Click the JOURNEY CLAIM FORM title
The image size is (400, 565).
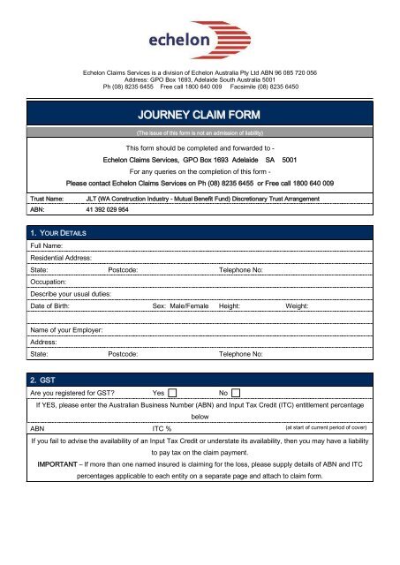(x=200, y=115)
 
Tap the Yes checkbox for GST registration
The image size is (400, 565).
(x=173, y=392)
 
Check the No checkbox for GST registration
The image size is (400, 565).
(x=236, y=392)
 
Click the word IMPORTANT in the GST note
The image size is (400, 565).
(x=63, y=463)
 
